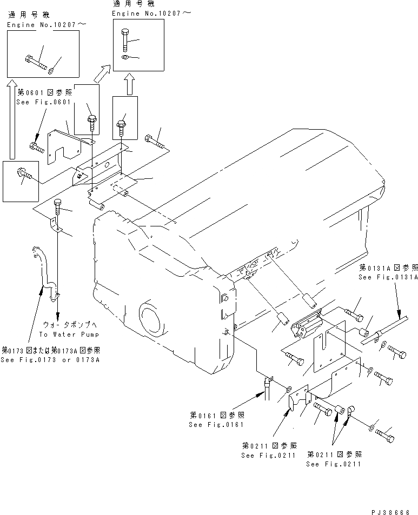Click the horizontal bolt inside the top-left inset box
[36, 61]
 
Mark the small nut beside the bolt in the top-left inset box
[51, 70]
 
